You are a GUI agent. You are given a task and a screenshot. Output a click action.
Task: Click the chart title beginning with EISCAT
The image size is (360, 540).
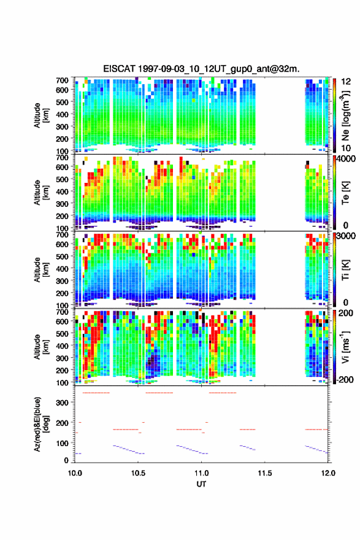click(201, 69)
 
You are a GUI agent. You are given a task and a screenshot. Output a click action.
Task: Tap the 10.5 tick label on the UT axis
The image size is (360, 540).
click(138, 473)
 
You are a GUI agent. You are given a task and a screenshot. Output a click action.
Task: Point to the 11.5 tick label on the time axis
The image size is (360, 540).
click(265, 473)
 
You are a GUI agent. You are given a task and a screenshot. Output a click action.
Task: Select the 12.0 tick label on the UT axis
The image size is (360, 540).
click(328, 473)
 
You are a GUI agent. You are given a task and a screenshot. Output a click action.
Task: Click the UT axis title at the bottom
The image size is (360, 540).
click(201, 484)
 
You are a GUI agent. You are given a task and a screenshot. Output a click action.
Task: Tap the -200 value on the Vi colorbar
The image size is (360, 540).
click(345, 379)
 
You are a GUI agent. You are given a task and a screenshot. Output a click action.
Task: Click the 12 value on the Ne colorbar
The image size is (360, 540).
click(346, 82)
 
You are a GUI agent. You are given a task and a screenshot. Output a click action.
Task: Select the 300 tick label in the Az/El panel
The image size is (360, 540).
click(62, 403)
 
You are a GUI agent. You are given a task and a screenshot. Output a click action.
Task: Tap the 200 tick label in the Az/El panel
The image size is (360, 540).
click(62, 423)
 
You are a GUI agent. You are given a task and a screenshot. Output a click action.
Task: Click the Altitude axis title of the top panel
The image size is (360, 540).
click(41, 115)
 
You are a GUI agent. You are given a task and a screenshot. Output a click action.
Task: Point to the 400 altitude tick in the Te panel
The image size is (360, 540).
click(62, 191)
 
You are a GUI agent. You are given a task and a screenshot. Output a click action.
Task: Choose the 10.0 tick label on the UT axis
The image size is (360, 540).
click(75, 473)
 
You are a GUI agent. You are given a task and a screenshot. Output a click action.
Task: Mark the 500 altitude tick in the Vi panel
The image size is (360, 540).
click(62, 333)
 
